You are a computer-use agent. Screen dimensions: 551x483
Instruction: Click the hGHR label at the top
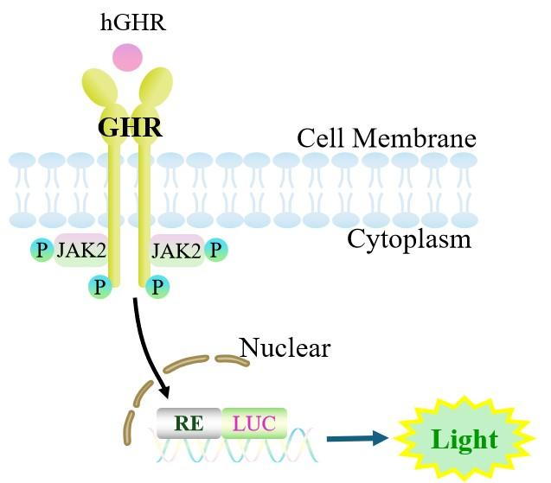coord(133,22)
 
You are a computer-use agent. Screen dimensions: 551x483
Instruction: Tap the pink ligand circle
coord(127,58)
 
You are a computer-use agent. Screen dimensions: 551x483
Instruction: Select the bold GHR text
coord(130,127)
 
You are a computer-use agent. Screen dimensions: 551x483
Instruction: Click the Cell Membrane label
coord(387,137)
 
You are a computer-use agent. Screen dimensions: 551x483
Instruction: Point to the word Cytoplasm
coord(409,240)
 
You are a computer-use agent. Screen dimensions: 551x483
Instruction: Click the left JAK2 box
coord(81,251)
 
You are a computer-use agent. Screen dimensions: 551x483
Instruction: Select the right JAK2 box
coord(177,251)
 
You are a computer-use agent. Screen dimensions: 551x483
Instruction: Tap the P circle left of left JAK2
coord(42,250)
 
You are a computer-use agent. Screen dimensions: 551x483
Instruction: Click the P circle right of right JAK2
coord(216,250)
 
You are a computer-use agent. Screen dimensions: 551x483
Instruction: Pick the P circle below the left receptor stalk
coord(100,287)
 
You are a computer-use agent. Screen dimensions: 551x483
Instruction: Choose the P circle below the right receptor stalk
coord(157,287)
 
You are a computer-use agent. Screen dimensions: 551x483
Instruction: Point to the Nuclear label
coord(285,348)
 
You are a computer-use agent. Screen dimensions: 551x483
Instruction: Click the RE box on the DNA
coord(189,423)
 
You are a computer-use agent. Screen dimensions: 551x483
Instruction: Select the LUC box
coord(254,423)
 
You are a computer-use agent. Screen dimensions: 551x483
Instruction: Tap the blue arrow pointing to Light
coord(358,438)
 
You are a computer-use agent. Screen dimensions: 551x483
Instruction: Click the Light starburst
coord(465,439)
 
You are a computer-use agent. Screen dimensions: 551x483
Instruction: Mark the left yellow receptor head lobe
coord(100,87)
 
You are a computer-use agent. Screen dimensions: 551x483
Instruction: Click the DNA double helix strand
coord(234,445)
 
